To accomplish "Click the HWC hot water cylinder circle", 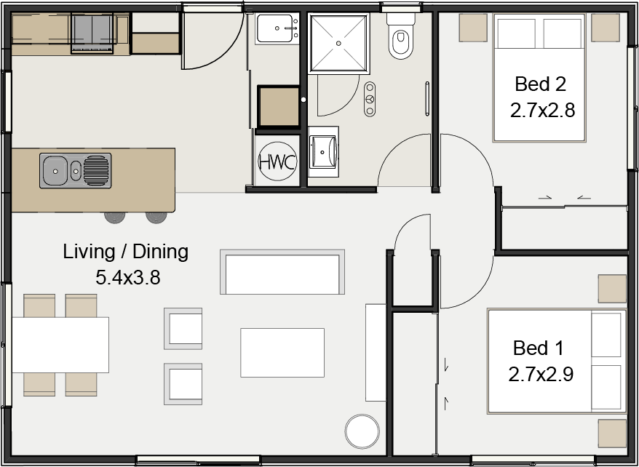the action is tap(277, 161).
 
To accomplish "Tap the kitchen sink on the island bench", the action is tap(76, 171).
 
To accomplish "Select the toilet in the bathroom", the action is tap(400, 36).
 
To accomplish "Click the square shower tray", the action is tap(338, 43).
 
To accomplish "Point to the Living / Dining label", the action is tap(125, 252).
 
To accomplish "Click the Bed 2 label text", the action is tap(540, 84).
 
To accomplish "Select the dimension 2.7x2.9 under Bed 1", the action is tap(541, 374).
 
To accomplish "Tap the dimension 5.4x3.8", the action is tap(127, 277).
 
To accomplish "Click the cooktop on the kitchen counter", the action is tap(92, 33).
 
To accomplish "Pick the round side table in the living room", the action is tap(362, 431).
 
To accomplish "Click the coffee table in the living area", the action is tap(282, 353).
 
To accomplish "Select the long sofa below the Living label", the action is tap(282, 272).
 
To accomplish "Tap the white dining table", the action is tap(60, 345).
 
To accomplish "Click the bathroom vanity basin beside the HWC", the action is tap(323, 151).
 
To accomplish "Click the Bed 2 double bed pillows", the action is tap(539, 33).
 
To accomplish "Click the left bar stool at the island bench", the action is tap(114, 217).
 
